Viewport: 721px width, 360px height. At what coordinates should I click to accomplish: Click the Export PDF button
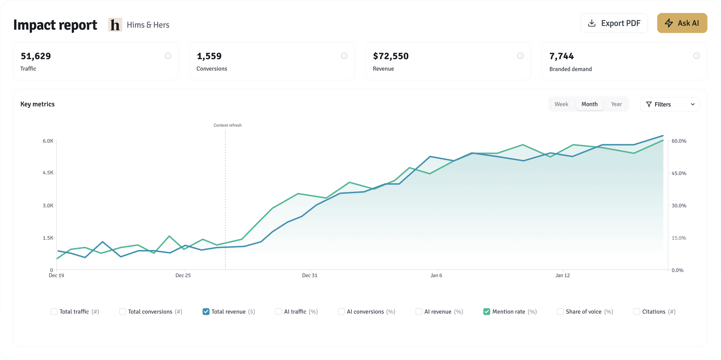[614, 23]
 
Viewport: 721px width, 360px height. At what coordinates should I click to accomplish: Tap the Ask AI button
[682, 23]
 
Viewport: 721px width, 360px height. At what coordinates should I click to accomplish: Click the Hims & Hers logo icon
[115, 25]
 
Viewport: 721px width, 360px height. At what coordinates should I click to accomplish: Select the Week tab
[561, 104]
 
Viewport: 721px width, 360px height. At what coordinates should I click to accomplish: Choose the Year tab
[616, 104]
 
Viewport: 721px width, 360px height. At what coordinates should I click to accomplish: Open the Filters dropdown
[670, 105]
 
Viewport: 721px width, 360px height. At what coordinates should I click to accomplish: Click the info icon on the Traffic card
[168, 56]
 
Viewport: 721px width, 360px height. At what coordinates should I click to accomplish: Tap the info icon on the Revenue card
[520, 56]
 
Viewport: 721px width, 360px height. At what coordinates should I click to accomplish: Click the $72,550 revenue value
[391, 56]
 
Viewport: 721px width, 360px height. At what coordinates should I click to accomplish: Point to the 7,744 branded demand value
[561, 56]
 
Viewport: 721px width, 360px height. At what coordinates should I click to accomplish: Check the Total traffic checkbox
[54, 312]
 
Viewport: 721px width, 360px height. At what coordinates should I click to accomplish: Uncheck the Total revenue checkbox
[206, 312]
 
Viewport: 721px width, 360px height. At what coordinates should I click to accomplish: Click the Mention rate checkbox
[486, 312]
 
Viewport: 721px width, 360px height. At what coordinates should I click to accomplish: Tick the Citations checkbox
[637, 312]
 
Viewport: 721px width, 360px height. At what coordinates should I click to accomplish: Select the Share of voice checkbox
[560, 312]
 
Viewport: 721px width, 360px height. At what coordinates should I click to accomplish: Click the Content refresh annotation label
[227, 125]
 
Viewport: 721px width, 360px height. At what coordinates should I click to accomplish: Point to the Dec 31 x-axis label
[310, 276]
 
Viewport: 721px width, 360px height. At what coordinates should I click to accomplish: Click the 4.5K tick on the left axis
[48, 173]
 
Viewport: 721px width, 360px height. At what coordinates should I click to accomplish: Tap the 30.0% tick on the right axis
[679, 206]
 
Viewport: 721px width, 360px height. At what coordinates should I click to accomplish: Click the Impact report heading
[55, 25]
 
